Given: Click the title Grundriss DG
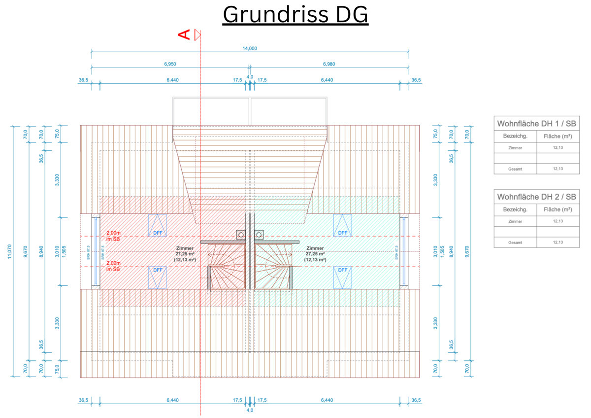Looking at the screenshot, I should tap(295, 15).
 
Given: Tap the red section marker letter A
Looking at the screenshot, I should tap(184, 35).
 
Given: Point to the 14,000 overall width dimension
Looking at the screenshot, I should tap(250, 48).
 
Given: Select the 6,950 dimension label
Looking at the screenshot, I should tap(170, 64).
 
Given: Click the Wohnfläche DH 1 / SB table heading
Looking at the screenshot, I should tap(536, 124).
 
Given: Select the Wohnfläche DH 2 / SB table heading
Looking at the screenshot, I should tap(536, 196).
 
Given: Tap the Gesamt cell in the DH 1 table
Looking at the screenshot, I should tap(515, 169).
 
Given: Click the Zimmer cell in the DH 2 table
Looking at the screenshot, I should tap(515, 221).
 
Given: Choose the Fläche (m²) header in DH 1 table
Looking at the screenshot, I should tap(558, 136).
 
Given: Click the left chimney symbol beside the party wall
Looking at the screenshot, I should tap(241, 235).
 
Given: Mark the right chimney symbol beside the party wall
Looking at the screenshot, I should tap(259, 235).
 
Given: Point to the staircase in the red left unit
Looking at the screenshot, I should tap(227, 266).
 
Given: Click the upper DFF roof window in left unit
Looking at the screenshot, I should tap(158, 225).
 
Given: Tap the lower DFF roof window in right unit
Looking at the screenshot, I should tap(342, 277).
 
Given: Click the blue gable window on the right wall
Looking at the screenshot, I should tap(403, 250).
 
